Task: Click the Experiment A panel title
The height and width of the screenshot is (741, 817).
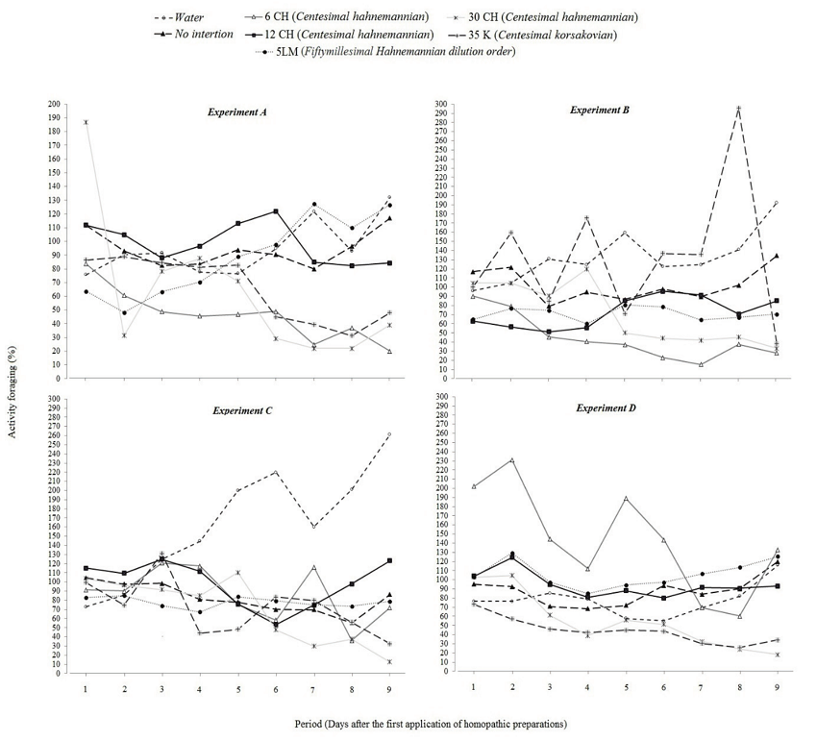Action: pos(237,111)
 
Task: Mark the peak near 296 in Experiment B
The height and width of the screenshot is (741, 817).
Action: pos(738,108)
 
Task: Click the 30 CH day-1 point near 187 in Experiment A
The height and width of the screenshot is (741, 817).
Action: pos(86,122)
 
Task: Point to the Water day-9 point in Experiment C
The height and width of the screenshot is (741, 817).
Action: pos(389,434)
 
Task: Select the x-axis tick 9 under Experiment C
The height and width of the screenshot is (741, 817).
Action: pos(389,688)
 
